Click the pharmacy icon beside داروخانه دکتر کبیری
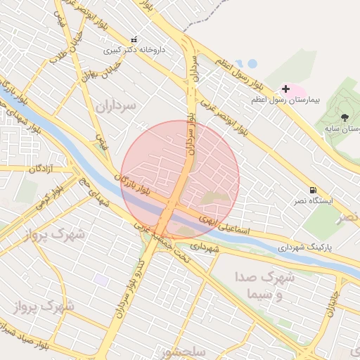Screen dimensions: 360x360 point(134,39)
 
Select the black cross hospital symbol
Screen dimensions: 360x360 point(285,89)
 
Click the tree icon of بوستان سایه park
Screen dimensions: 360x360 point(345,117)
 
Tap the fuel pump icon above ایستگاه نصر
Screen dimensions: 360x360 point(312,190)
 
